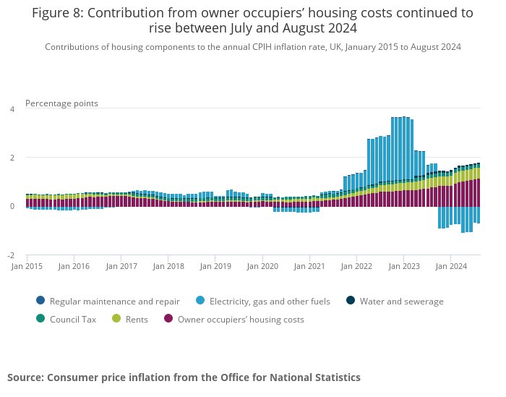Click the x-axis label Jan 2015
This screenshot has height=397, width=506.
[x=27, y=266]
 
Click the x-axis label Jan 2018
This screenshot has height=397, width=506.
[x=168, y=266]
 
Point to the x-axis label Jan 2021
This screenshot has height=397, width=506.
[x=310, y=266]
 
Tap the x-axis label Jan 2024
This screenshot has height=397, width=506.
[x=452, y=266]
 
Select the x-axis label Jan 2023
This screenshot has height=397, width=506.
[x=405, y=266]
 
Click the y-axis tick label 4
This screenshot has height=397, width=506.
[x=12, y=109]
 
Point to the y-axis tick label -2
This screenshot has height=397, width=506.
[x=11, y=255]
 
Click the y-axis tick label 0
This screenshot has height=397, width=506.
[x=12, y=206]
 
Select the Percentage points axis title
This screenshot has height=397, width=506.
[x=61, y=103]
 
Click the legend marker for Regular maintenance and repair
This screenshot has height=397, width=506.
[x=40, y=301]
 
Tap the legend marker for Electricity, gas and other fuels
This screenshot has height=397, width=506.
[x=200, y=301]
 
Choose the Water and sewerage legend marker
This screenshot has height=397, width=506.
[x=351, y=301]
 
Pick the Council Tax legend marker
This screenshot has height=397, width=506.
[x=40, y=319]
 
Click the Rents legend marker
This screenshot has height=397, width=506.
[x=116, y=319]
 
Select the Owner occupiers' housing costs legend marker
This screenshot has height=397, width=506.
[x=168, y=319]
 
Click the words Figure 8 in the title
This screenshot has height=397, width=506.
[x=56, y=13]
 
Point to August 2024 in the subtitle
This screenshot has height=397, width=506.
[x=437, y=47]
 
